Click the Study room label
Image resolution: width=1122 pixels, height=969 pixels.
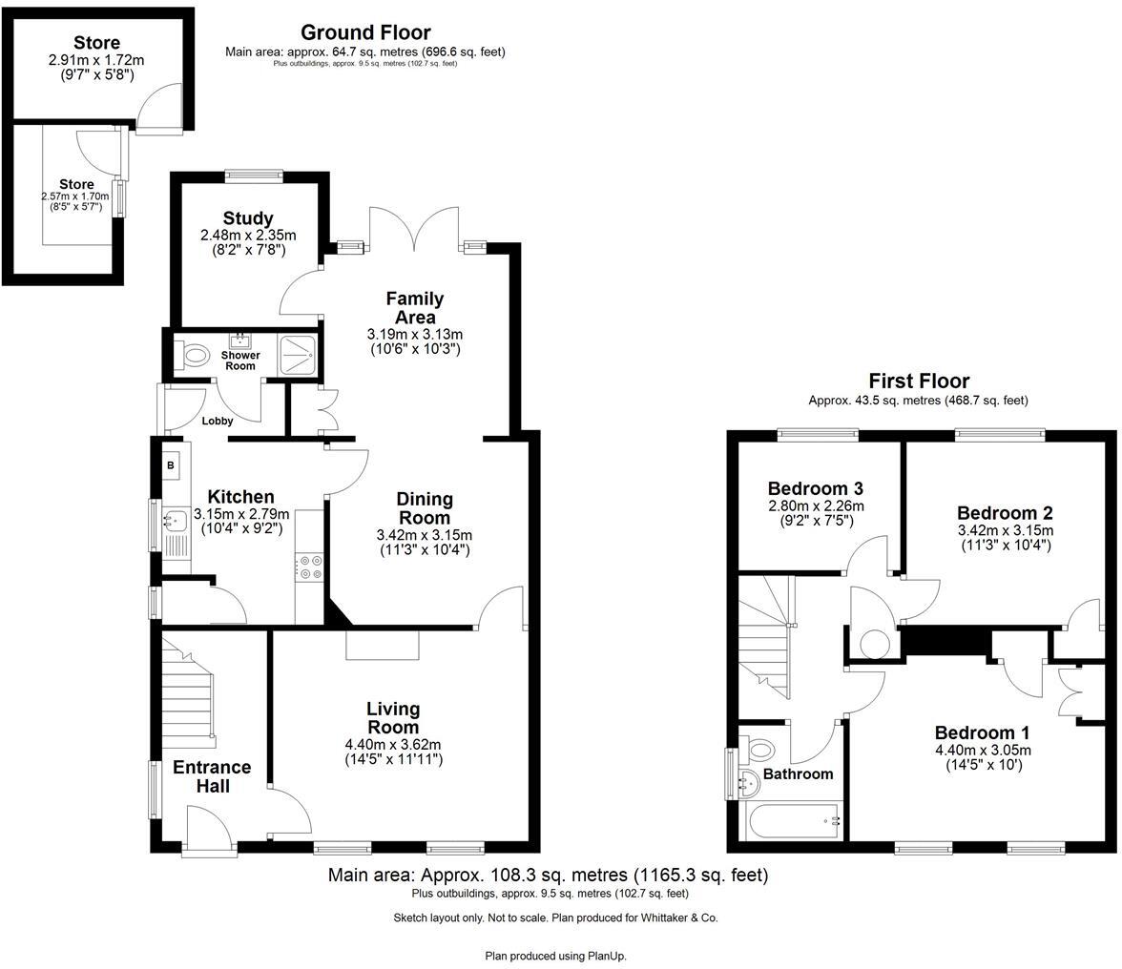248,218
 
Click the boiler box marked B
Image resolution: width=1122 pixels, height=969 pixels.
172,465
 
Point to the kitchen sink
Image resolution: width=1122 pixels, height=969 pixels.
176,521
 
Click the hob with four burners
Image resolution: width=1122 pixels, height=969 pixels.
309,567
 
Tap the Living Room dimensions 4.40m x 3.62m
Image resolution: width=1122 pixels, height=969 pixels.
393,745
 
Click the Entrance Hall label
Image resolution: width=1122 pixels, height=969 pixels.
212,776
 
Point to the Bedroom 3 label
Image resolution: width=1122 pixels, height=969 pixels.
816,483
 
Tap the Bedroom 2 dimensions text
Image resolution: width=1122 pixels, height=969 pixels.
1005,530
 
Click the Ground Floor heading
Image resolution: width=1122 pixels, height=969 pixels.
365,32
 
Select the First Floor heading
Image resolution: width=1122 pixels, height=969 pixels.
918,381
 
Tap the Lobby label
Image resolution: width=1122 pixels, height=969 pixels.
218,421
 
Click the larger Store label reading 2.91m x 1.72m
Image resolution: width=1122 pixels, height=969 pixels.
96,43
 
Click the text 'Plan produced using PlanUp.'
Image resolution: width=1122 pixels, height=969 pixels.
556,955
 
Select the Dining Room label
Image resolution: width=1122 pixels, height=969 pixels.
425,508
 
